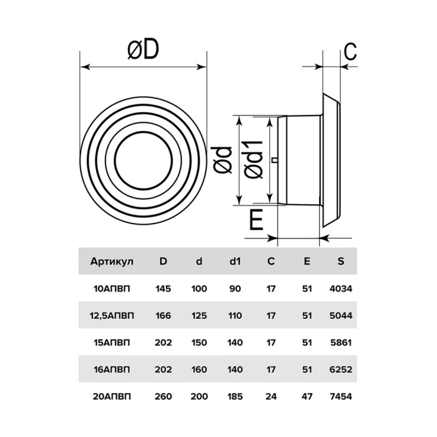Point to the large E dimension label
point(256,220)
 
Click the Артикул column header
point(112,262)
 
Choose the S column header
point(341,261)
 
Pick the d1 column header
point(235,261)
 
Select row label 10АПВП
point(112,288)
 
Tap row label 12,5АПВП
point(112,316)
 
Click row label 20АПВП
point(112,396)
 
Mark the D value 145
point(163,288)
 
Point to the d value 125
point(199,315)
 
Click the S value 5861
point(341,342)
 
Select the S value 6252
point(341,370)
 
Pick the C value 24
point(270,396)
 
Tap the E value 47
point(307,396)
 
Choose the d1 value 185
point(235,396)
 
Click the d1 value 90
point(235,288)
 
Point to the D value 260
point(163,396)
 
